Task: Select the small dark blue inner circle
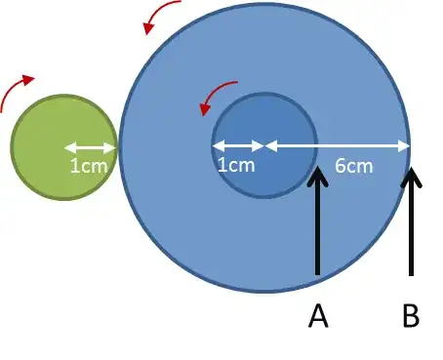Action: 264,122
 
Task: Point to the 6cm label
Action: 353,166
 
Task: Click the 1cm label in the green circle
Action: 89,166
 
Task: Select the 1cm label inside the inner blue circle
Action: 235,166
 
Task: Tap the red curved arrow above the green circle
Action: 17,90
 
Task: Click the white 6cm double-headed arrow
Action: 338,147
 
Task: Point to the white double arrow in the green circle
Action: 91,148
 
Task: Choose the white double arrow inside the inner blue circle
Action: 238,147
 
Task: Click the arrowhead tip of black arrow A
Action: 317,171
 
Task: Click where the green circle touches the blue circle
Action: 116,147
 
